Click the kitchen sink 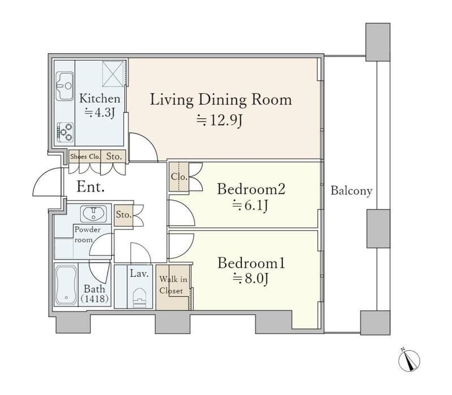(x=64, y=86)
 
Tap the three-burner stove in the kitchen (x=65, y=132)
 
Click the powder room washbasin (x=93, y=214)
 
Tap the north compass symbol (x=409, y=361)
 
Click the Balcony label (x=351, y=190)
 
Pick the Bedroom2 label (x=251, y=189)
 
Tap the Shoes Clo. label (x=85, y=157)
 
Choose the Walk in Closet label (x=173, y=285)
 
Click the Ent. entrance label (x=90, y=187)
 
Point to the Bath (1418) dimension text (x=94, y=293)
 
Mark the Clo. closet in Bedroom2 (x=179, y=177)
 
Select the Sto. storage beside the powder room (x=124, y=215)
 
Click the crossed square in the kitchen (x=113, y=73)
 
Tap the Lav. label (x=139, y=274)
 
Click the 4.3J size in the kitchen (x=100, y=112)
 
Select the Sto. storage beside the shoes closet (x=114, y=157)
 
